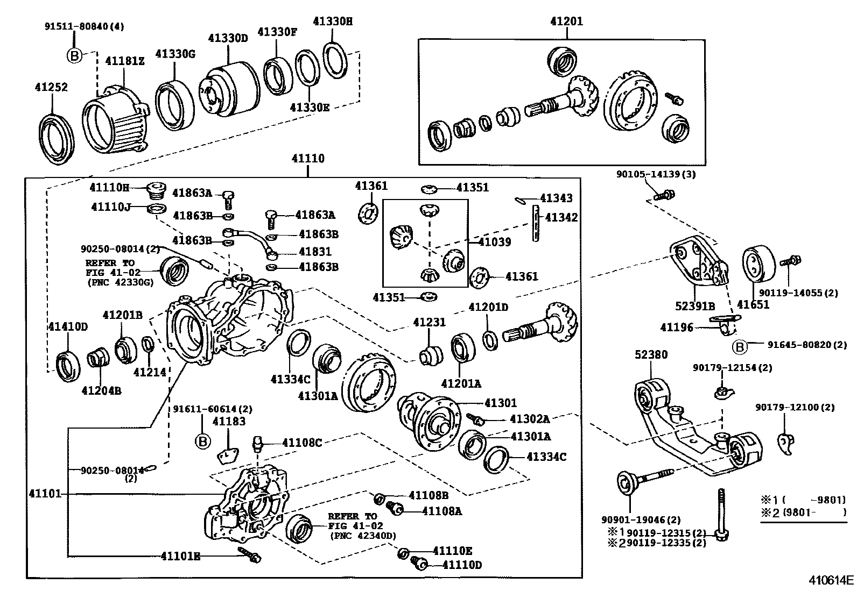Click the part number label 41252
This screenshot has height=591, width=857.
click(52, 87)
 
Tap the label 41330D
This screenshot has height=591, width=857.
click(228, 38)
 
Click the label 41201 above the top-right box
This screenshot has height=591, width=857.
click(566, 22)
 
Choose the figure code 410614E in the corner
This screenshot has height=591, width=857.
click(831, 580)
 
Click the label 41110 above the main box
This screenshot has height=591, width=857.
click(308, 159)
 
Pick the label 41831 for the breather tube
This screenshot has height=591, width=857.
click(315, 252)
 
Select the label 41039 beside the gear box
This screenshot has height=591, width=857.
click(495, 242)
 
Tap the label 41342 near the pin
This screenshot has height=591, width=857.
click(561, 217)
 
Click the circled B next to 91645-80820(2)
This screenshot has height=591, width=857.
click(740, 347)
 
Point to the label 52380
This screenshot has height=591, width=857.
click(651, 354)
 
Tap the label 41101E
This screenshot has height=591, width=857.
click(180, 556)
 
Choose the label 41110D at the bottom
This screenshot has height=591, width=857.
click(462, 565)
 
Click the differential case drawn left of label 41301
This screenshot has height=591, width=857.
click(430, 421)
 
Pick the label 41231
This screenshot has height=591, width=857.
click(429, 322)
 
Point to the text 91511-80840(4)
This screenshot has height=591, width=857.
click(84, 26)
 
